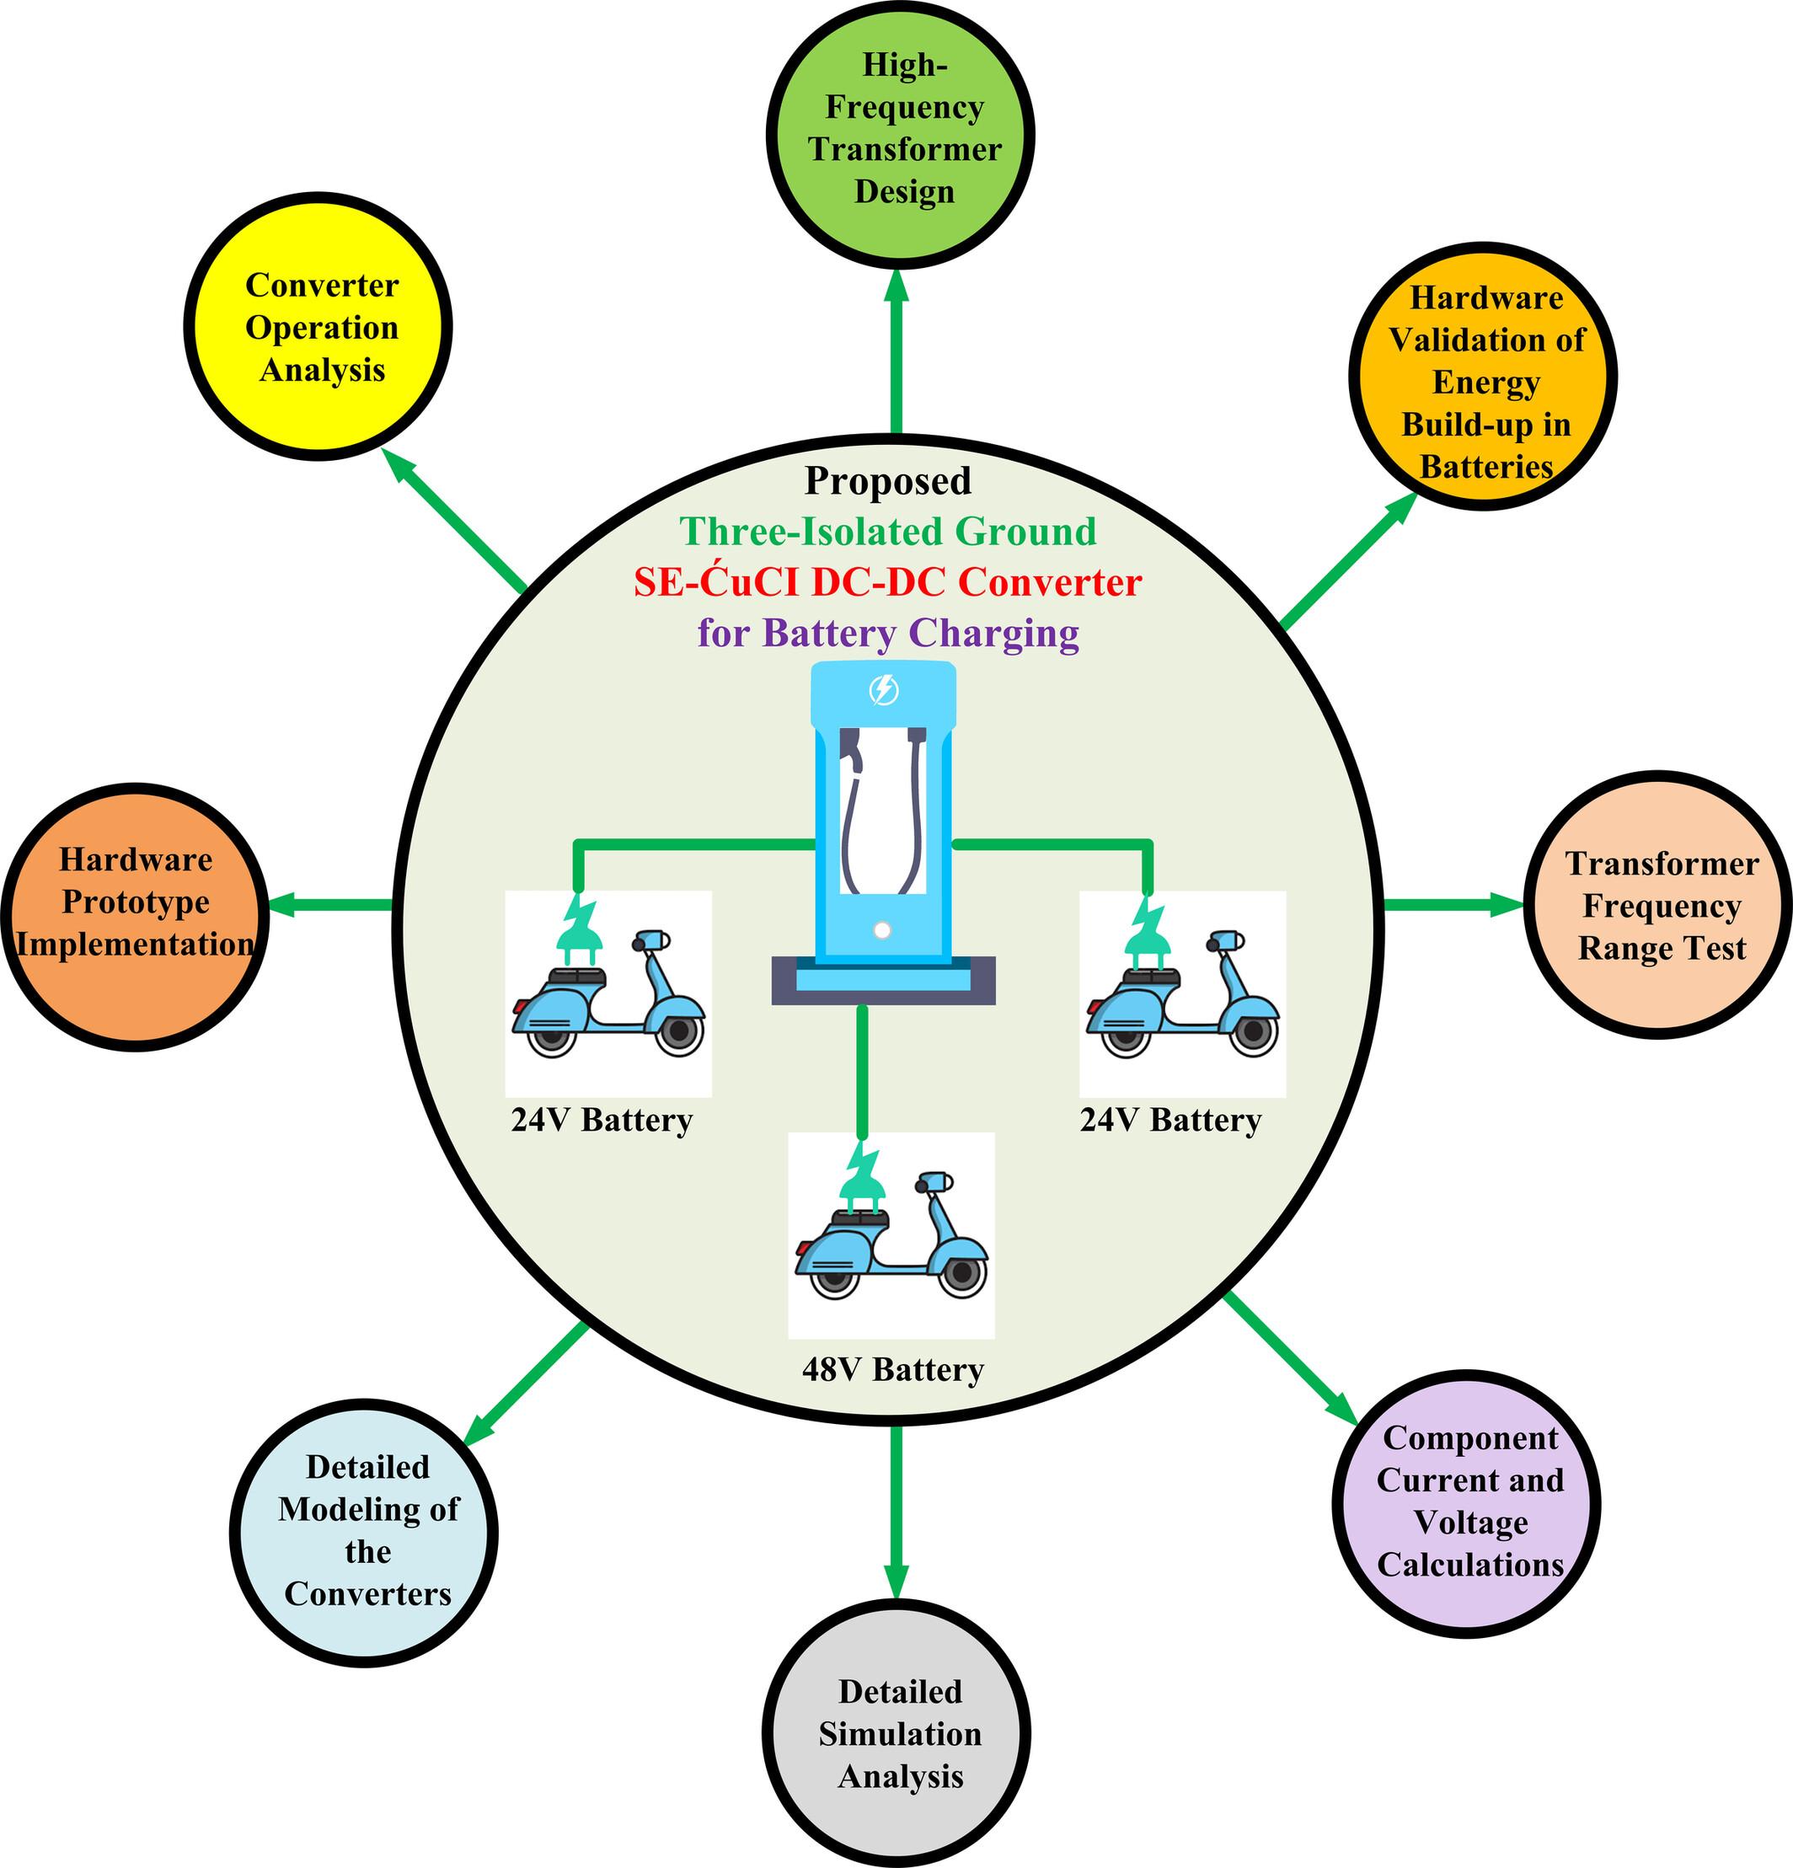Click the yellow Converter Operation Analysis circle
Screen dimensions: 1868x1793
click(x=318, y=327)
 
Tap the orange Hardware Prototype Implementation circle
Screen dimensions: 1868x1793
click(x=136, y=915)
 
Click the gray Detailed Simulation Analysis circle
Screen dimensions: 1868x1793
click(x=897, y=1734)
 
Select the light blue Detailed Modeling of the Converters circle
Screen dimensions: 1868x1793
click(x=364, y=1533)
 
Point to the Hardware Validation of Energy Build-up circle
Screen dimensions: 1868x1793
click(x=1482, y=377)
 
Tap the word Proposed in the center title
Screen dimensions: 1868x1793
click(x=887, y=481)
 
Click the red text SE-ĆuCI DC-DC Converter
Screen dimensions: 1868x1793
click(x=887, y=582)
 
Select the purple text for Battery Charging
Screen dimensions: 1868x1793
click(x=887, y=633)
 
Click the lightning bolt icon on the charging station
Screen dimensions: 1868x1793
click(x=884, y=689)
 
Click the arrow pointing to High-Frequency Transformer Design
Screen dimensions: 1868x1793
click(x=896, y=353)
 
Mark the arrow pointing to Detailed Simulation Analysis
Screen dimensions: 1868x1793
click(x=896, y=1515)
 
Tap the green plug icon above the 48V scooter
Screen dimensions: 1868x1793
click(x=863, y=1177)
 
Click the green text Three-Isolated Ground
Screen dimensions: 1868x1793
click(x=887, y=532)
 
